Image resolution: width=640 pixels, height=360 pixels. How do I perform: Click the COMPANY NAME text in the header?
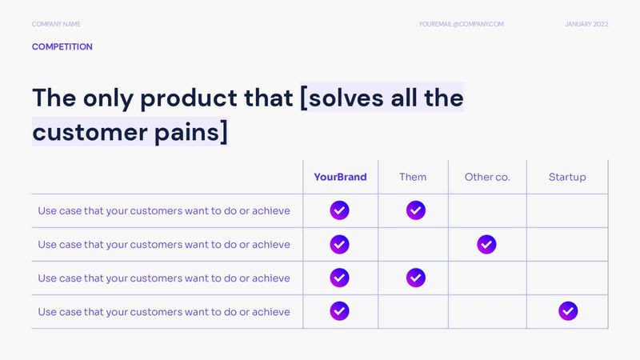click(x=56, y=25)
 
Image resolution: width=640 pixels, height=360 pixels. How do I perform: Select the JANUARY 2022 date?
click(x=586, y=25)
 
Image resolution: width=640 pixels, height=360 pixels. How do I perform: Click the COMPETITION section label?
click(x=62, y=47)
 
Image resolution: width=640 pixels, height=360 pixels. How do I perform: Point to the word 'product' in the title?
click(x=188, y=99)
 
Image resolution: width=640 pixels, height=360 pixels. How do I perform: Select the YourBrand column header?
click(x=340, y=177)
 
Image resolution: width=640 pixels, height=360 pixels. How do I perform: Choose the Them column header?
click(x=413, y=177)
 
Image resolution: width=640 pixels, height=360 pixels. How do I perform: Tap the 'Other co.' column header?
click(x=486, y=177)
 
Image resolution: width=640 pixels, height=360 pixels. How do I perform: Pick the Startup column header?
click(x=567, y=177)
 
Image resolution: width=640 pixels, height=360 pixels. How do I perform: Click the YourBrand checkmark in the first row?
click(x=340, y=210)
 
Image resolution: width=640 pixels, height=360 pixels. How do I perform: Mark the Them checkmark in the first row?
click(x=415, y=210)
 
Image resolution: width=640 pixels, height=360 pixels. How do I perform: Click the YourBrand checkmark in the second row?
click(x=340, y=244)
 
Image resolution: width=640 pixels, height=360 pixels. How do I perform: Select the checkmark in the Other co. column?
click(x=486, y=244)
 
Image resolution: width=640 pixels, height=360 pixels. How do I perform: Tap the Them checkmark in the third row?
click(x=415, y=278)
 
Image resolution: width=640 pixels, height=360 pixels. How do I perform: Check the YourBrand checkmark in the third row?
click(x=340, y=278)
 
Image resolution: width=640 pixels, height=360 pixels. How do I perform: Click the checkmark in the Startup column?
click(x=568, y=310)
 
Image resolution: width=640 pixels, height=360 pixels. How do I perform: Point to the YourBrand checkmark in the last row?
click(x=340, y=310)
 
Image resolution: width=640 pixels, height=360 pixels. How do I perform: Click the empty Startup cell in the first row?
click(x=567, y=210)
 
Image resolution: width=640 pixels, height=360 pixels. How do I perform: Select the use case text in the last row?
click(x=164, y=311)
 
